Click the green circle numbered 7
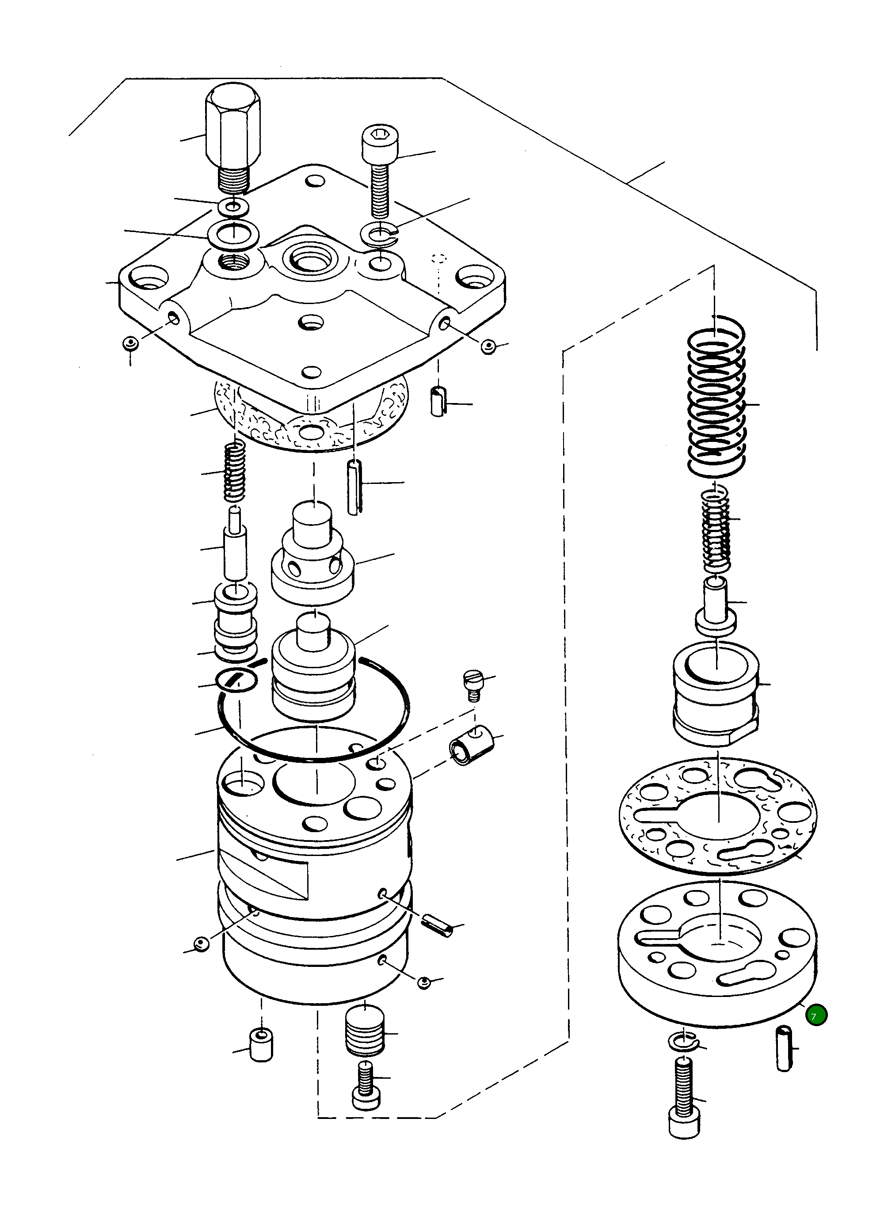[x=816, y=1015]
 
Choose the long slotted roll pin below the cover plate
[x=354, y=487]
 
